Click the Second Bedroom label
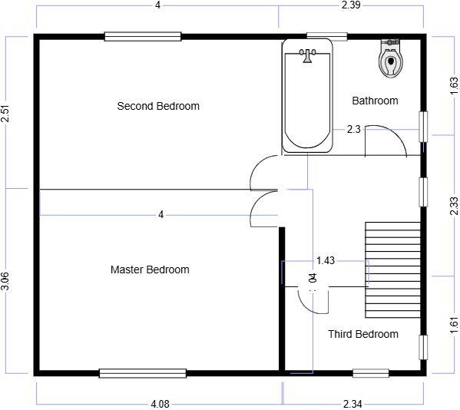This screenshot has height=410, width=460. coord(158,106)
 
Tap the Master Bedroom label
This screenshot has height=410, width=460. coord(150,269)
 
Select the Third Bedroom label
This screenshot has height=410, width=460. coord(363,334)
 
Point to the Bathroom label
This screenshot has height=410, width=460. coord(375,101)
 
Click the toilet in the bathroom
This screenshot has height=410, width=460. coord(391,58)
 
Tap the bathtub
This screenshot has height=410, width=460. coord(307,95)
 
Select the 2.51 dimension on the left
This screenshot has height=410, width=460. coord(6,114)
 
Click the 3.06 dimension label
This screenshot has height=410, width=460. coord(6,281)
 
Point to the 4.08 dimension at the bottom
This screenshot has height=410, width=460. coord(161,404)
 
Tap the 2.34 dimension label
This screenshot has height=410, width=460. coord(354,404)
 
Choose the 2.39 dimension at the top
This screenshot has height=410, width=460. coord(350,5)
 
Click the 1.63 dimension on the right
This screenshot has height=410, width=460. coord(453,85)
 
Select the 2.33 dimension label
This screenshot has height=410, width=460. coord(453,206)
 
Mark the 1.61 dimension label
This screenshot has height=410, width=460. coord(453,325)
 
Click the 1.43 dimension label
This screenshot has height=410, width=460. coord(326,261)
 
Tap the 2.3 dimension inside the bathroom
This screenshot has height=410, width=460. coord(353,129)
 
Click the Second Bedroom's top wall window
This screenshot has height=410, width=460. coord(143,36)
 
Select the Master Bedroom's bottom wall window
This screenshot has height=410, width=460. coord(143,374)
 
